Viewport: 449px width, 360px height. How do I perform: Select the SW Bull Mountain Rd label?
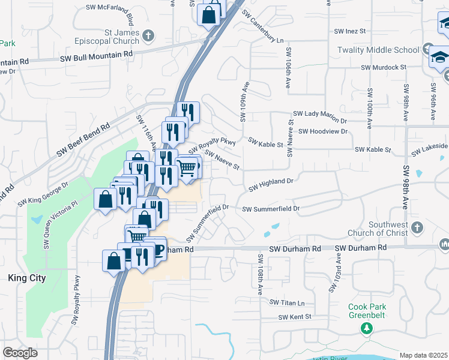(96, 55)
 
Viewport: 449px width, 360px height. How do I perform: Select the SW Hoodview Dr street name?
(323, 131)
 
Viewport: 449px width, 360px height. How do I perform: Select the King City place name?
(26, 278)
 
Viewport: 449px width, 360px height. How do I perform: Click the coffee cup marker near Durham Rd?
(157, 248)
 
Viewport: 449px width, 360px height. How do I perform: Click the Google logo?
(20, 353)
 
